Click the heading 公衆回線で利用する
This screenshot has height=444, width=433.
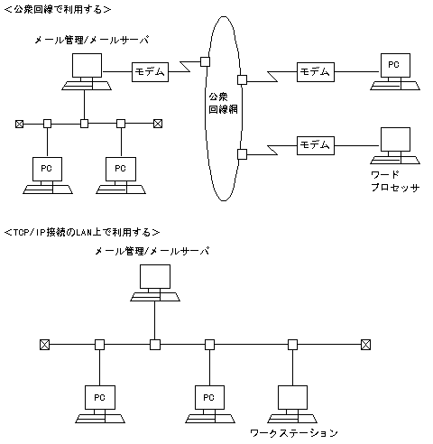point(58,9)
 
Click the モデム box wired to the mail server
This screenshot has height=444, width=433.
point(149,71)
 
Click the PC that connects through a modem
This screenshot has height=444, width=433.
point(392,69)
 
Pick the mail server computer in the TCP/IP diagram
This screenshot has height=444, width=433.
point(156,283)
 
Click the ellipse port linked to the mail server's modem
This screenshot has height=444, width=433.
point(205,62)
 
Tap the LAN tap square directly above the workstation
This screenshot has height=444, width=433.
point(292,344)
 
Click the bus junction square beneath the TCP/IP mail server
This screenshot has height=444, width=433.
point(155,344)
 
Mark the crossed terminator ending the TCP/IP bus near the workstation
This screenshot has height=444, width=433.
point(364,344)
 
